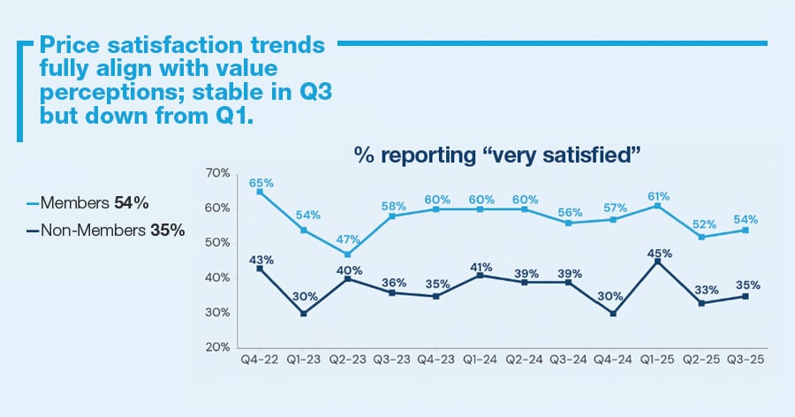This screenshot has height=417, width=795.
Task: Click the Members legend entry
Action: coord(87,203)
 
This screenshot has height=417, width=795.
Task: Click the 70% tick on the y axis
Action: coord(218,172)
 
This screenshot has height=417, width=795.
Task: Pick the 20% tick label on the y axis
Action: coord(218,347)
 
